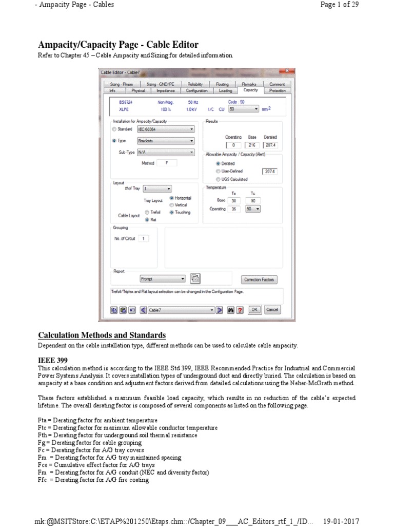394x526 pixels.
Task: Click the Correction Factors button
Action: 260,279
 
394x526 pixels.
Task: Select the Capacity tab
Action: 251,90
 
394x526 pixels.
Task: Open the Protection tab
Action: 277,90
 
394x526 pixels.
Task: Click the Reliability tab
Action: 195,84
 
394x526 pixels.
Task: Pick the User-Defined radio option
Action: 218,171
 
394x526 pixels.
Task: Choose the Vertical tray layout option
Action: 171,204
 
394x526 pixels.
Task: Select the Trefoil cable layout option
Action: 147,212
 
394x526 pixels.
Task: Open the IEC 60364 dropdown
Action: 165,129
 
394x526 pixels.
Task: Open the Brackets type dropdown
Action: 165,140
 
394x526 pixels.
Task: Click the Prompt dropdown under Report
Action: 162,278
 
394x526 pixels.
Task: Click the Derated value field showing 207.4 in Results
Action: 270,145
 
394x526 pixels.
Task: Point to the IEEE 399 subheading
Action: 53,361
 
